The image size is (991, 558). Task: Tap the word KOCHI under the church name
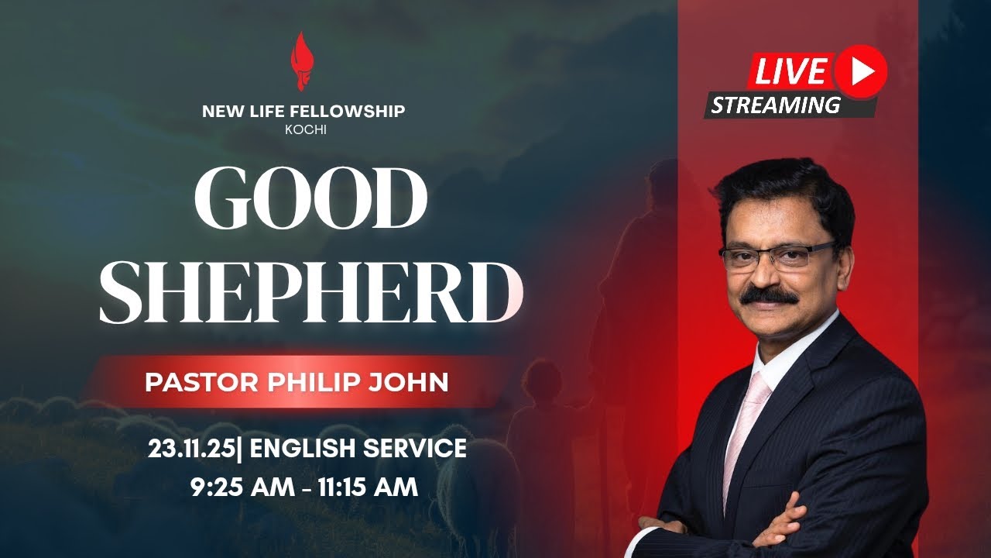(305, 129)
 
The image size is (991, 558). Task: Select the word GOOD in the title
(310, 199)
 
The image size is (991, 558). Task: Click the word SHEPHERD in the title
(310, 292)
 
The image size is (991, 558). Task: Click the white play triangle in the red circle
(861, 71)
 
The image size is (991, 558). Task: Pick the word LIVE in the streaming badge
(790, 71)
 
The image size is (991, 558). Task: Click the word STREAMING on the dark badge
(776, 105)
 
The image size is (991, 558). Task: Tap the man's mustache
(768, 295)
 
